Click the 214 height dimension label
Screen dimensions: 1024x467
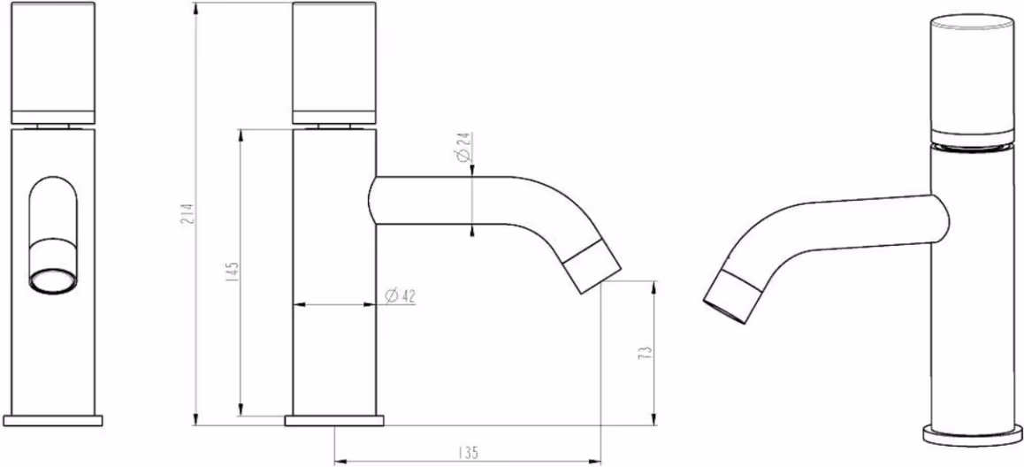pyautogui.click(x=187, y=214)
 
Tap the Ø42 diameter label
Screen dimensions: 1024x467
pyautogui.click(x=401, y=296)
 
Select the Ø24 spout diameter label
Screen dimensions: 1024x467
pyautogui.click(x=463, y=148)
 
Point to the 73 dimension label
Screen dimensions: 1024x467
pyautogui.click(x=646, y=353)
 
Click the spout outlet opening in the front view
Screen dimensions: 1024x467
pyautogui.click(x=54, y=280)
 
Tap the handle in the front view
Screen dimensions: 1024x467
pyautogui.click(x=54, y=63)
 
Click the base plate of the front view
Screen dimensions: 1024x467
pyautogui.click(x=53, y=420)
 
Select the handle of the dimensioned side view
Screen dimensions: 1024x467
pyautogui.click(x=334, y=63)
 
